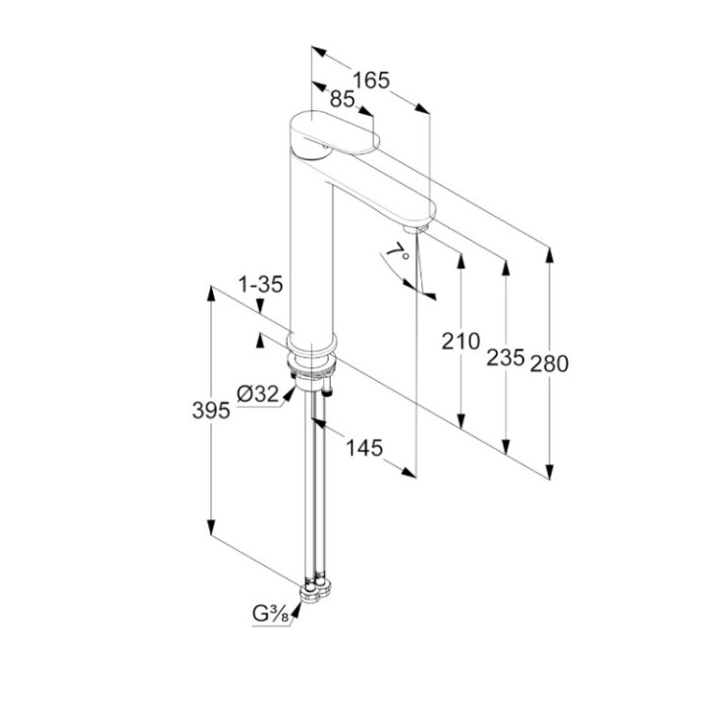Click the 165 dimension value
[x=370, y=81]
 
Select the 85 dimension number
[x=343, y=99]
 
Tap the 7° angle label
[x=400, y=251]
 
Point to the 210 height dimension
[x=461, y=342]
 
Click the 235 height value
[x=506, y=357]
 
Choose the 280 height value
[x=549, y=363]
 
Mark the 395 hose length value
[x=211, y=410]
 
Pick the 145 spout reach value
[x=364, y=448]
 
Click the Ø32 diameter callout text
[x=258, y=394]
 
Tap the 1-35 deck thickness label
[x=260, y=285]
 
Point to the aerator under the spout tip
[x=415, y=229]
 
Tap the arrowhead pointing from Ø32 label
[x=289, y=394]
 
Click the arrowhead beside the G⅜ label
[x=296, y=611]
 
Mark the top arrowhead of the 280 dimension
[x=549, y=255]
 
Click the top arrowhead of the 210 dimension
[x=461, y=261]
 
